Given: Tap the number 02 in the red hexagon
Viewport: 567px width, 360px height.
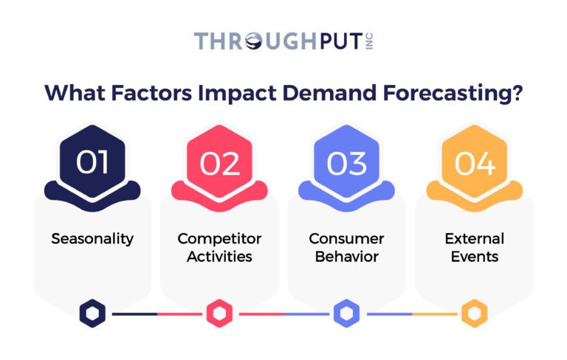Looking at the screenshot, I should [219, 162].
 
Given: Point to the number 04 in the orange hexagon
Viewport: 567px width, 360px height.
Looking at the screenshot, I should [473, 162].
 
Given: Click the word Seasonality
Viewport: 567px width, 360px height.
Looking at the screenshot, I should [92, 239].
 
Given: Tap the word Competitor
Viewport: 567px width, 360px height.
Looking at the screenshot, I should [219, 239].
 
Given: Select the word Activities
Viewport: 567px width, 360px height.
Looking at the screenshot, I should [219, 257].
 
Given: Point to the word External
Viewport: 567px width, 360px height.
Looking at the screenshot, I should [474, 239].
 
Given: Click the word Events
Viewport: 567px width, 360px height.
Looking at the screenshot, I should [474, 257].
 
